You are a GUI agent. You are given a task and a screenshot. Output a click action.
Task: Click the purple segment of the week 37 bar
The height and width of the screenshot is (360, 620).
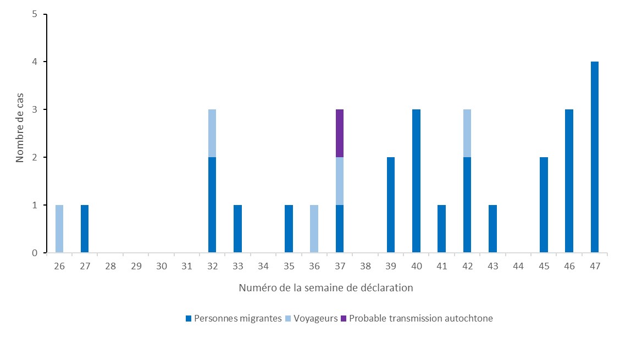(340, 133)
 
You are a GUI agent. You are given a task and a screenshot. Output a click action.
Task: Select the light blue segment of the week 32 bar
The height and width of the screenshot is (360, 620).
(212, 133)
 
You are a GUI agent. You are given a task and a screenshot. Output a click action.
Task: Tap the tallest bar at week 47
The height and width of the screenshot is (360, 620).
(595, 157)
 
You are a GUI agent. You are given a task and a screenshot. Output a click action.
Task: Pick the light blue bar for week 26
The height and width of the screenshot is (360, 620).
(59, 229)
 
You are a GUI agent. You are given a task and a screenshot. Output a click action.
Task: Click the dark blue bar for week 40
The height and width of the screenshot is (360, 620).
(416, 181)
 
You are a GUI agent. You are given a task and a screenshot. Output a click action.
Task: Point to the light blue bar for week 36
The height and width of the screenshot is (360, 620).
(314, 229)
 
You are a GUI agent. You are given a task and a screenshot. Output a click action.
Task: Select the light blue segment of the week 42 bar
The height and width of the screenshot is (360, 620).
(467, 133)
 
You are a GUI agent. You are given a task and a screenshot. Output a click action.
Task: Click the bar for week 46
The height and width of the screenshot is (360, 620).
(569, 181)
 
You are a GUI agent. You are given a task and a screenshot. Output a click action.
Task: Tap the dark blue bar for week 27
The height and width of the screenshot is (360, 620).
(85, 229)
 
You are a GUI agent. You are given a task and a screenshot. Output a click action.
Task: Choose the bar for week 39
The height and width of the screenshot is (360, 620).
(391, 205)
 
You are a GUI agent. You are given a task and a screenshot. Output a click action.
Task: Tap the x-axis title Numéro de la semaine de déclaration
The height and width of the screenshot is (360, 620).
(326, 287)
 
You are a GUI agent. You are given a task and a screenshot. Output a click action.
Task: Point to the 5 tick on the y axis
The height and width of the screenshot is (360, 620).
(34, 14)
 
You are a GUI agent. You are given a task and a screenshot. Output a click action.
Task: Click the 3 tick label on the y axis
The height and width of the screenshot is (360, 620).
(34, 110)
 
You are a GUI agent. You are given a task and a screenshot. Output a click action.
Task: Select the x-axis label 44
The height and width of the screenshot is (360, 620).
(518, 266)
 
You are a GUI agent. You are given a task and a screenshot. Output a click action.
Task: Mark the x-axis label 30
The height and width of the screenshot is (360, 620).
(161, 266)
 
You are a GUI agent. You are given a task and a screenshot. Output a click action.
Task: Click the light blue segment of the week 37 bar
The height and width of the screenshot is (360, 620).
(340, 181)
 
